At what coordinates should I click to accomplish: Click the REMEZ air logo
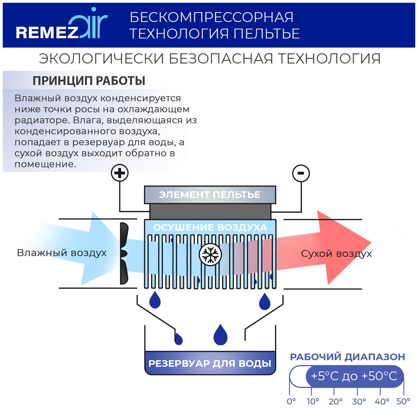[x=61, y=26]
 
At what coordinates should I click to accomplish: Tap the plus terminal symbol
[x=120, y=173]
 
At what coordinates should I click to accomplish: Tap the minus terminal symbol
[x=301, y=173]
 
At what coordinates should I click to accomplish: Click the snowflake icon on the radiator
[x=210, y=255]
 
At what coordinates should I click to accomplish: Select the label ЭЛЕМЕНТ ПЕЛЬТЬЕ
[x=210, y=195]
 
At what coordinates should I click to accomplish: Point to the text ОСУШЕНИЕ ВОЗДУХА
[x=210, y=227]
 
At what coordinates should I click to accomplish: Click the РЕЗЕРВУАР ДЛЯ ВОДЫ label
[x=210, y=363]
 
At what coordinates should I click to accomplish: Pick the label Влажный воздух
[x=62, y=253]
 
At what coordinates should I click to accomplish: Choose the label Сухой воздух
[x=336, y=253]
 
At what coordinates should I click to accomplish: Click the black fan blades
[x=124, y=253]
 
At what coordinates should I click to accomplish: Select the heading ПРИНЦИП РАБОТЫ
[x=89, y=81]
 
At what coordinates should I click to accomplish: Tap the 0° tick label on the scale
[x=291, y=401]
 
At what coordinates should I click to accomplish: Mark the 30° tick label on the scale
[x=359, y=401]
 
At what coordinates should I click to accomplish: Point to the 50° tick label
[x=403, y=401]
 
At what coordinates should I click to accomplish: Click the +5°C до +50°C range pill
[x=354, y=376]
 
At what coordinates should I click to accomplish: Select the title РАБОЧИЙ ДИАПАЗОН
[x=348, y=357]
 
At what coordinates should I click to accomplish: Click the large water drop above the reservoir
[x=221, y=335]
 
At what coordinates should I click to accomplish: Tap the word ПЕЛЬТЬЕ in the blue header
[x=266, y=34]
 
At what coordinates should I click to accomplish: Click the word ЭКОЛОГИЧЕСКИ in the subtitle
[x=101, y=59]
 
